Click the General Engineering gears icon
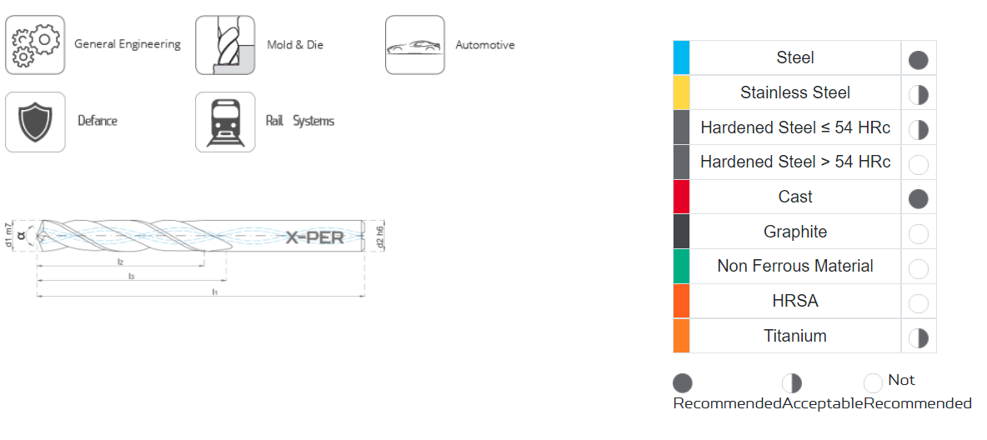pos(35,45)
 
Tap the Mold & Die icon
pos(225,45)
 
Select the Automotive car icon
pos(415,45)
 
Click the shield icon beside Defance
pos(35,122)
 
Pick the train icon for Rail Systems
pos(225,122)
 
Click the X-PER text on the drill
pos(315,237)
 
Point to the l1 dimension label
pos(214,292)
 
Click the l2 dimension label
pos(120,262)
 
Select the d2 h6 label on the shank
pos(379,236)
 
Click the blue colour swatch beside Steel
pos(682,57)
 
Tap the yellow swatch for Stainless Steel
pos(682,92)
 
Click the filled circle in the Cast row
pos(919,199)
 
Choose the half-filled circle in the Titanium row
pos(919,338)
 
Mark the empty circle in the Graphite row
pos(919,234)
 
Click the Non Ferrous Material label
pos(795,267)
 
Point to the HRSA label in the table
pos(795,301)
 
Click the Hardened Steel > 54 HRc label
pos(795,162)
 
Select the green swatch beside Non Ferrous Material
pos(682,267)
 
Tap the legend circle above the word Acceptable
pos(792,382)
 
